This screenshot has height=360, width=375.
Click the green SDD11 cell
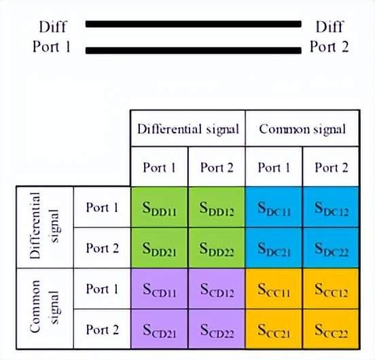pyautogui.click(x=159, y=207)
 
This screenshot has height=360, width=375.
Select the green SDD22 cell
pyautogui.click(x=217, y=248)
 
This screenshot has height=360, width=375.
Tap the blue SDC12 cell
pyautogui.click(x=331, y=207)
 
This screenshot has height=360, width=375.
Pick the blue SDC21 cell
pyautogui.click(x=274, y=248)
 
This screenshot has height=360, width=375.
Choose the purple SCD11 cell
pyautogui.click(x=159, y=289)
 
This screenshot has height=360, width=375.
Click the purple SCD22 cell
pyautogui.click(x=217, y=329)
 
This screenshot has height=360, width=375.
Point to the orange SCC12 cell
pyautogui.click(x=331, y=289)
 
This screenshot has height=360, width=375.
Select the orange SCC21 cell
pyautogui.click(x=274, y=329)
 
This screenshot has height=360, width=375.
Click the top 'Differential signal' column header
pyautogui.click(x=188, y=129)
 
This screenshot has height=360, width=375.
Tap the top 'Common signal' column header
pyautogui.click(x=302, y=129)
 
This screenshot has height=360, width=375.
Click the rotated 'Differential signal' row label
pyautogui.click(x=44, y=226)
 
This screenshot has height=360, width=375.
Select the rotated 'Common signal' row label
pyautogui.click(x=44, y=307)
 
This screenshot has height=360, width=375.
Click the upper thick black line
pyautogui.click(x=194, y=24)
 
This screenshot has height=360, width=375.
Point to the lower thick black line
pyautogui.click(x=194, y=50)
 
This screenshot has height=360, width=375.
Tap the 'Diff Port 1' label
pyautogui.click(x=52, y=36)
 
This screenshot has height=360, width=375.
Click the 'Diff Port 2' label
pyautogui.click(x=329, y=36)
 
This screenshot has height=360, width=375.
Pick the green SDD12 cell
pyautogui.click(x=217, y=207)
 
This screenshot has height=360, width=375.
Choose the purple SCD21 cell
pyautogui.click(x=159, y=329)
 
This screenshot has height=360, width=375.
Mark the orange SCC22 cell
pyautogui.click(x=331, y=329)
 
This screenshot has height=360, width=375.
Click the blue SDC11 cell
pyautogui.click(x=274, y=207)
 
